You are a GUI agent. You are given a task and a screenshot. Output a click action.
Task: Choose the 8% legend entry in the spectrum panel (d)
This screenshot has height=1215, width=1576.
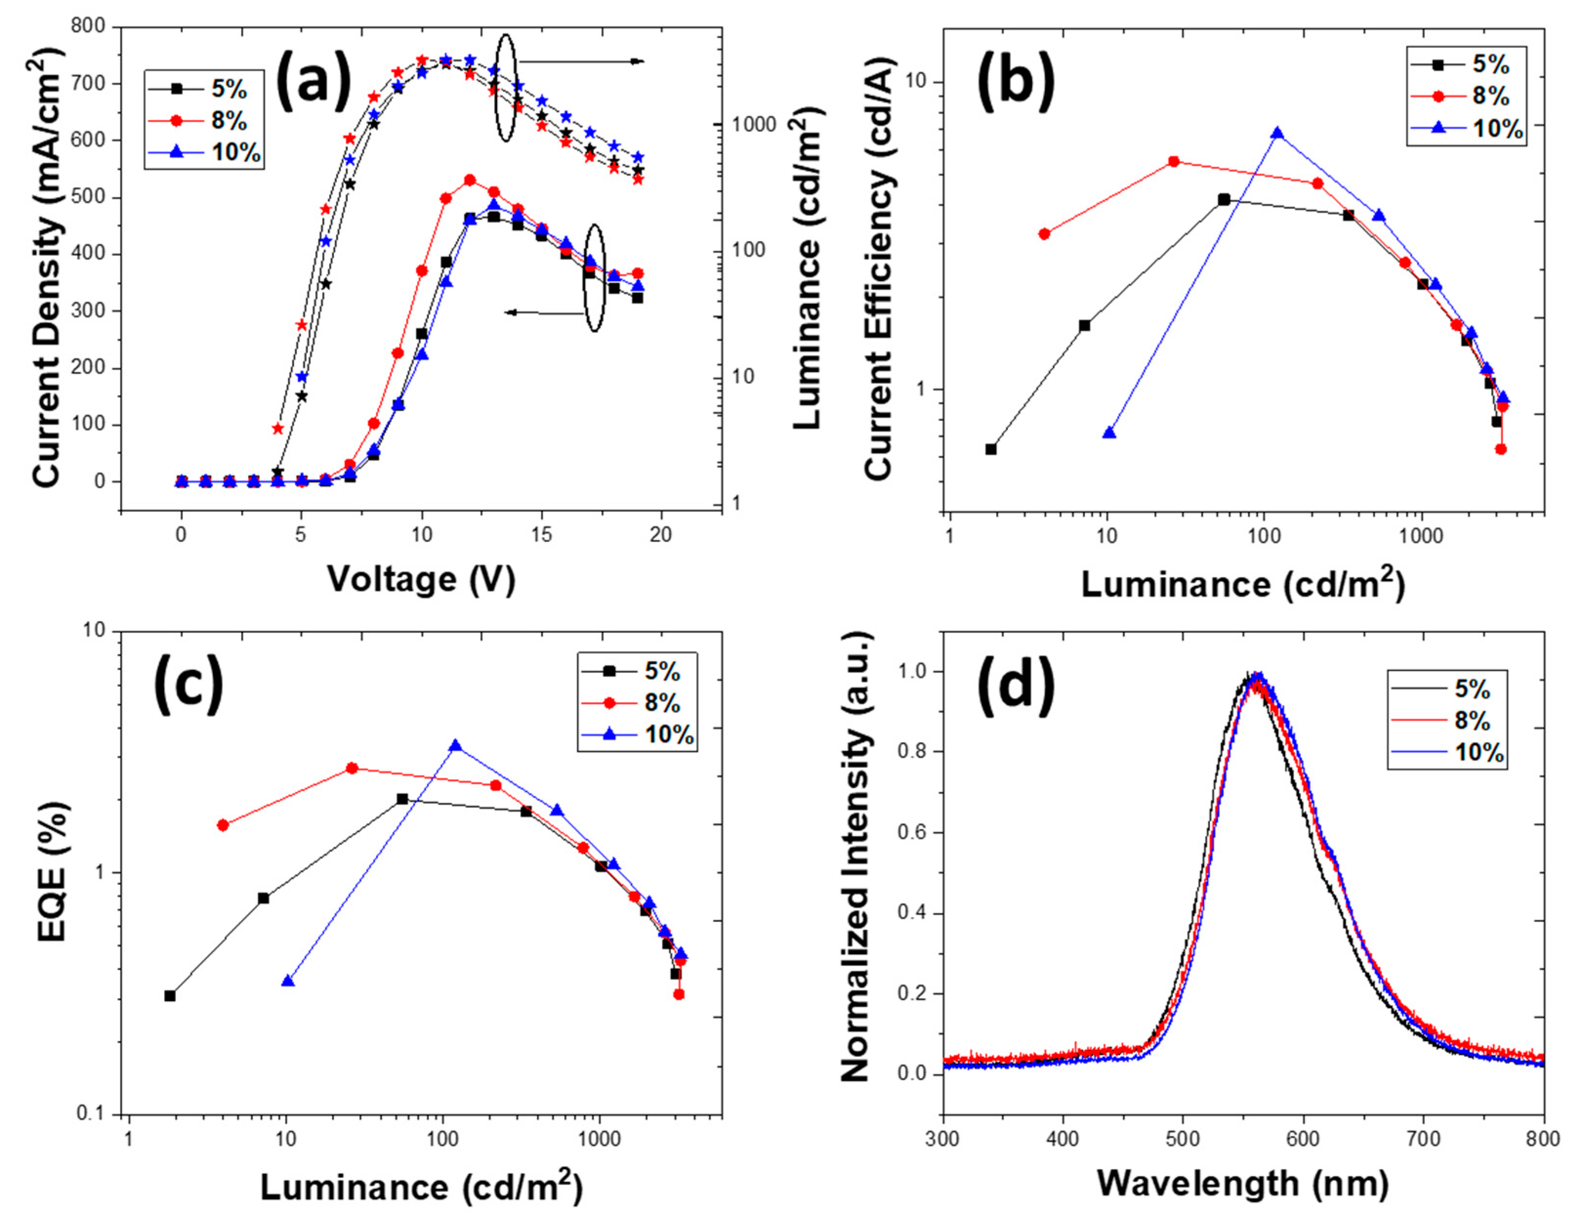[1472, 720]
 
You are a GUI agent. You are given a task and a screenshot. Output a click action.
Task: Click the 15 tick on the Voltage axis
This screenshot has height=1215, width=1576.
[541, 534]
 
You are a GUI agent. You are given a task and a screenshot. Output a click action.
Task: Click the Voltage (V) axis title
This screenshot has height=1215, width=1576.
[421, 579]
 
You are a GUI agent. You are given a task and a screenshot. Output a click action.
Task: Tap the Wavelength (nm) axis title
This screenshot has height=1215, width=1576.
[1243, 1183]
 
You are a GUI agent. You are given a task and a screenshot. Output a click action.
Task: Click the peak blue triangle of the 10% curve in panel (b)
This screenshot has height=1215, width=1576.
[1277, 133]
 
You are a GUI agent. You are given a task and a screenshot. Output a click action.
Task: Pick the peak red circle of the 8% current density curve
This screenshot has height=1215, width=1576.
[470, 180]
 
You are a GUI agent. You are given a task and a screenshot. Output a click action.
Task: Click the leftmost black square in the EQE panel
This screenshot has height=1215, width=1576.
[169, 996]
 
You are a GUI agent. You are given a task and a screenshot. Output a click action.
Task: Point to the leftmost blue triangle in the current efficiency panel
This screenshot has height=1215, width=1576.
[1109, 433]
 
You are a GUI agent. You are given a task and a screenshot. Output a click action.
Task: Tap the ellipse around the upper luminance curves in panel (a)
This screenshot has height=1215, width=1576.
[505, 88]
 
